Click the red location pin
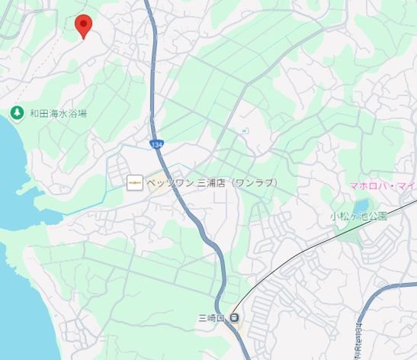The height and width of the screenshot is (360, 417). tap(84, 25)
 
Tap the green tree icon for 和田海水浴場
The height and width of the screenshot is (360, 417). tap(16, 113)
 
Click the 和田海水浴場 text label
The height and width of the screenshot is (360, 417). tap(58, 114)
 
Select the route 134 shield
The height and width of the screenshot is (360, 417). tap(156, 143)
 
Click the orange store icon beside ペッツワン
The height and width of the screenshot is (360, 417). tap(134, 182)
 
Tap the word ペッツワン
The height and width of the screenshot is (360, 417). tap(171, 183)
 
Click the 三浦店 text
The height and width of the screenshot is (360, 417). tap(211, 183)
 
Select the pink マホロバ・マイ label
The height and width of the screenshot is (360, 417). tap(382, 185)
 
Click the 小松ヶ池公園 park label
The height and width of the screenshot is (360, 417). tap(358, 216)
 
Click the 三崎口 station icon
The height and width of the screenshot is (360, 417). tap(235, 318)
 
